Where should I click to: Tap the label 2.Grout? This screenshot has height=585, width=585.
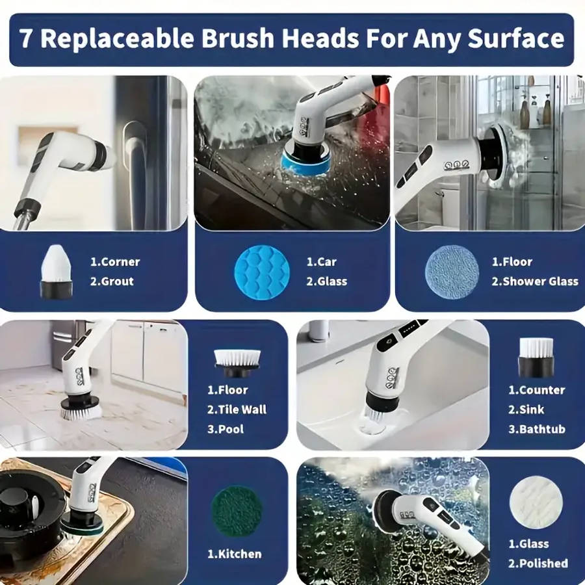click(x=112, y=281)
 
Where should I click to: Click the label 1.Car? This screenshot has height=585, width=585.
click(x=322, y=262)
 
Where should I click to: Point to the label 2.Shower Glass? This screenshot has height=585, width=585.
click(x=534, y=281)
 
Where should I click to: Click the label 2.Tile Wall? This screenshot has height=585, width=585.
click(x=237, y=409)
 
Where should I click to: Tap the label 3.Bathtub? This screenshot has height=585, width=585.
click(x=537, y=429)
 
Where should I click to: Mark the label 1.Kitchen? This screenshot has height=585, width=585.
click(x=235, y=554)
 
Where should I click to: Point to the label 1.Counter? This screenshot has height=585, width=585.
click(x=537, y=390)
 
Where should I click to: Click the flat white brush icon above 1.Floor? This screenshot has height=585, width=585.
click(x=237, y=359)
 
